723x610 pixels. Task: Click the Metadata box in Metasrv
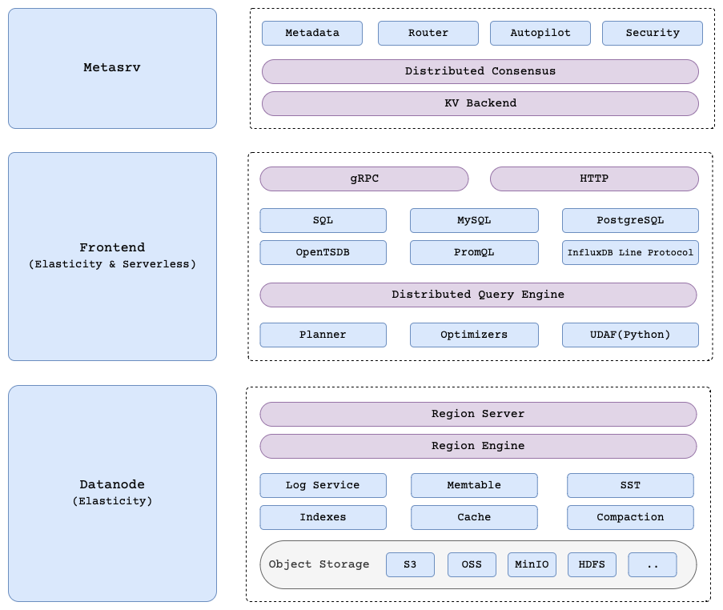311,33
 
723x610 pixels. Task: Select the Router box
428,33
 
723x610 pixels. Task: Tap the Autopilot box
540,33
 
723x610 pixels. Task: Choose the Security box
652,33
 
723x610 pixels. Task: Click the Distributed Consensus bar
480,71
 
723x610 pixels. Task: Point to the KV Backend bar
480,103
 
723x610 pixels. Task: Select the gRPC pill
364,179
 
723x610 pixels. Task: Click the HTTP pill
593,179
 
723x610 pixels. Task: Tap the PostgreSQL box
629,220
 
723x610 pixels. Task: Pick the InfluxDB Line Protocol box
629,252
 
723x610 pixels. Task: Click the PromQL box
474,252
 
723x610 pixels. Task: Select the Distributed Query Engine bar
478,295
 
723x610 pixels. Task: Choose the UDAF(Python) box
629,335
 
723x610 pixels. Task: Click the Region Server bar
478,414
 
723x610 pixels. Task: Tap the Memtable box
474,485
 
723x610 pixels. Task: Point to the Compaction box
629,517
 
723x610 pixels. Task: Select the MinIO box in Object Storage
532,564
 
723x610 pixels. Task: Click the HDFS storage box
592,564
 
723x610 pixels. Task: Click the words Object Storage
319,564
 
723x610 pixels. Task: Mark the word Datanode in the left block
112,484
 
